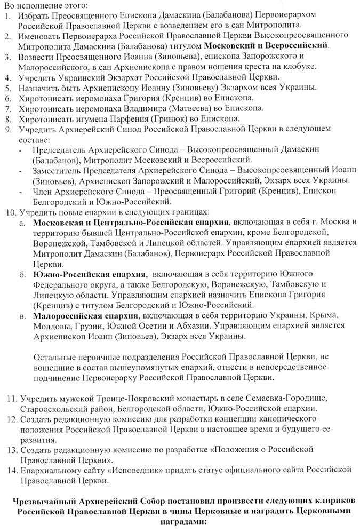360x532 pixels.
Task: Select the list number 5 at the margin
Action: pyautogui.click(x=6, y=88)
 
